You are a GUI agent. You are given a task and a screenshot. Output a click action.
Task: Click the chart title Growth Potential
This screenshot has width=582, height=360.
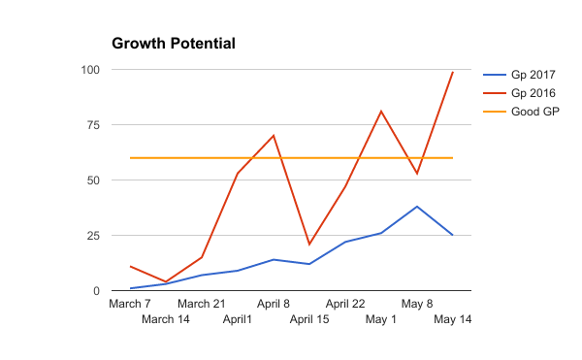[174, 44]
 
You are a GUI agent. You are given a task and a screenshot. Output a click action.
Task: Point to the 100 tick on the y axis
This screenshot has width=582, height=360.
[89, 70]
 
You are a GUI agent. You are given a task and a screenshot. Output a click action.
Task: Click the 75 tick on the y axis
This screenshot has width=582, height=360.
[93, 125]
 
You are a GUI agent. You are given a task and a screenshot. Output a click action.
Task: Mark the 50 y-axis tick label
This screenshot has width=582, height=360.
[93, 180]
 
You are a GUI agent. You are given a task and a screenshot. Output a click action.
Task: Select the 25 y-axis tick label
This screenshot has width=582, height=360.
[93, 236]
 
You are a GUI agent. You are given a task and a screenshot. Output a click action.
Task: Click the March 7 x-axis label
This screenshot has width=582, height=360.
[130, 304]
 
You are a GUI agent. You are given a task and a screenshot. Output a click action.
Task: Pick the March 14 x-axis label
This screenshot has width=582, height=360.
[166, 319]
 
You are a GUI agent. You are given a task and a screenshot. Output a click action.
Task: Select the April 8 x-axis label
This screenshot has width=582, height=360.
[274, 304]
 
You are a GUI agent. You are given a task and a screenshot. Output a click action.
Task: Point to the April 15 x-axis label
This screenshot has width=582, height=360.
[309, 319]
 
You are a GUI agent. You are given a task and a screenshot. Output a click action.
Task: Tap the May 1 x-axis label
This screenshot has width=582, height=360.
[381, 319]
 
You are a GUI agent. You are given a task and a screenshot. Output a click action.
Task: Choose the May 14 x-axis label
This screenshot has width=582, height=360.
[453, 319]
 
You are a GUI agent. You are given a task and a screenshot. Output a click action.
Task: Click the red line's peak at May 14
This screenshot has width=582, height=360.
[453, 72]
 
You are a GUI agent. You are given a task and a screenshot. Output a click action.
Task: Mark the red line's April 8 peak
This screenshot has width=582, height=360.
[274, 136]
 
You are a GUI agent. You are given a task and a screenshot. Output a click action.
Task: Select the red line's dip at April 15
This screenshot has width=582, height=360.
[309, 245]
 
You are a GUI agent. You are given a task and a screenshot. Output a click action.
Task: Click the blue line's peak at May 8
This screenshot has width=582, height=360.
[417, 207]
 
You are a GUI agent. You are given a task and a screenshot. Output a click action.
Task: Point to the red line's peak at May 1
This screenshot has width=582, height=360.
[381, 112]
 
